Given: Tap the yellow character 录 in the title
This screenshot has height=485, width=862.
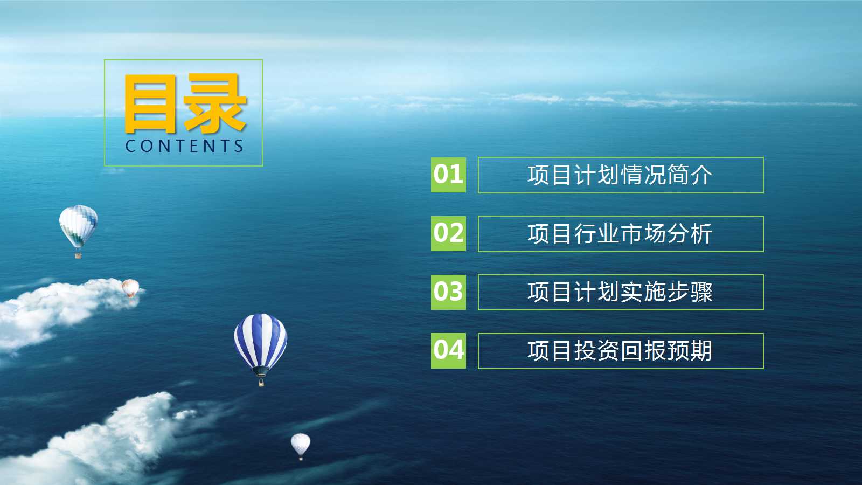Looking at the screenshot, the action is [215, 103].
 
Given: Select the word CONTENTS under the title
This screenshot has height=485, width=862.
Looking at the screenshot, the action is [184, 146].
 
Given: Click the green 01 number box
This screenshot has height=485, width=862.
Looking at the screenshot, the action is [448, 175].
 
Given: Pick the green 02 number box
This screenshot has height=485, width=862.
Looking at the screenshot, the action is [448, 233].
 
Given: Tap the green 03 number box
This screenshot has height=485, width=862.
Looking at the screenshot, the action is [448, 292].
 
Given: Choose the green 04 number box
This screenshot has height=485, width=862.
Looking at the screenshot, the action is [448, 351].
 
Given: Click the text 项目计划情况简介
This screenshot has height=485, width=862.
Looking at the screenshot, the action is [620, 175].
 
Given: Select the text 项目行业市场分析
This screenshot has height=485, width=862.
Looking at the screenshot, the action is [620, 234].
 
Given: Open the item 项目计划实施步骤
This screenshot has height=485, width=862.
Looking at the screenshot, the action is [620, 292].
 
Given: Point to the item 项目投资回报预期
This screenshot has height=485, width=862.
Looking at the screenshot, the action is [620, 351].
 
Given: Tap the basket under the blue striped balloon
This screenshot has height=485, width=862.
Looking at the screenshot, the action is [261, 383].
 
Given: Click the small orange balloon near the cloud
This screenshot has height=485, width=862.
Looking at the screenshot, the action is [130, 288].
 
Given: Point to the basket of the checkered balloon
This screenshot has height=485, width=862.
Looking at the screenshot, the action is [78, 255].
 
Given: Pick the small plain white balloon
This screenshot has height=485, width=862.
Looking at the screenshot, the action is [301, 445].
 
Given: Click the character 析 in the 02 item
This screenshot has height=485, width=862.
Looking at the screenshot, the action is [701, 234].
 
